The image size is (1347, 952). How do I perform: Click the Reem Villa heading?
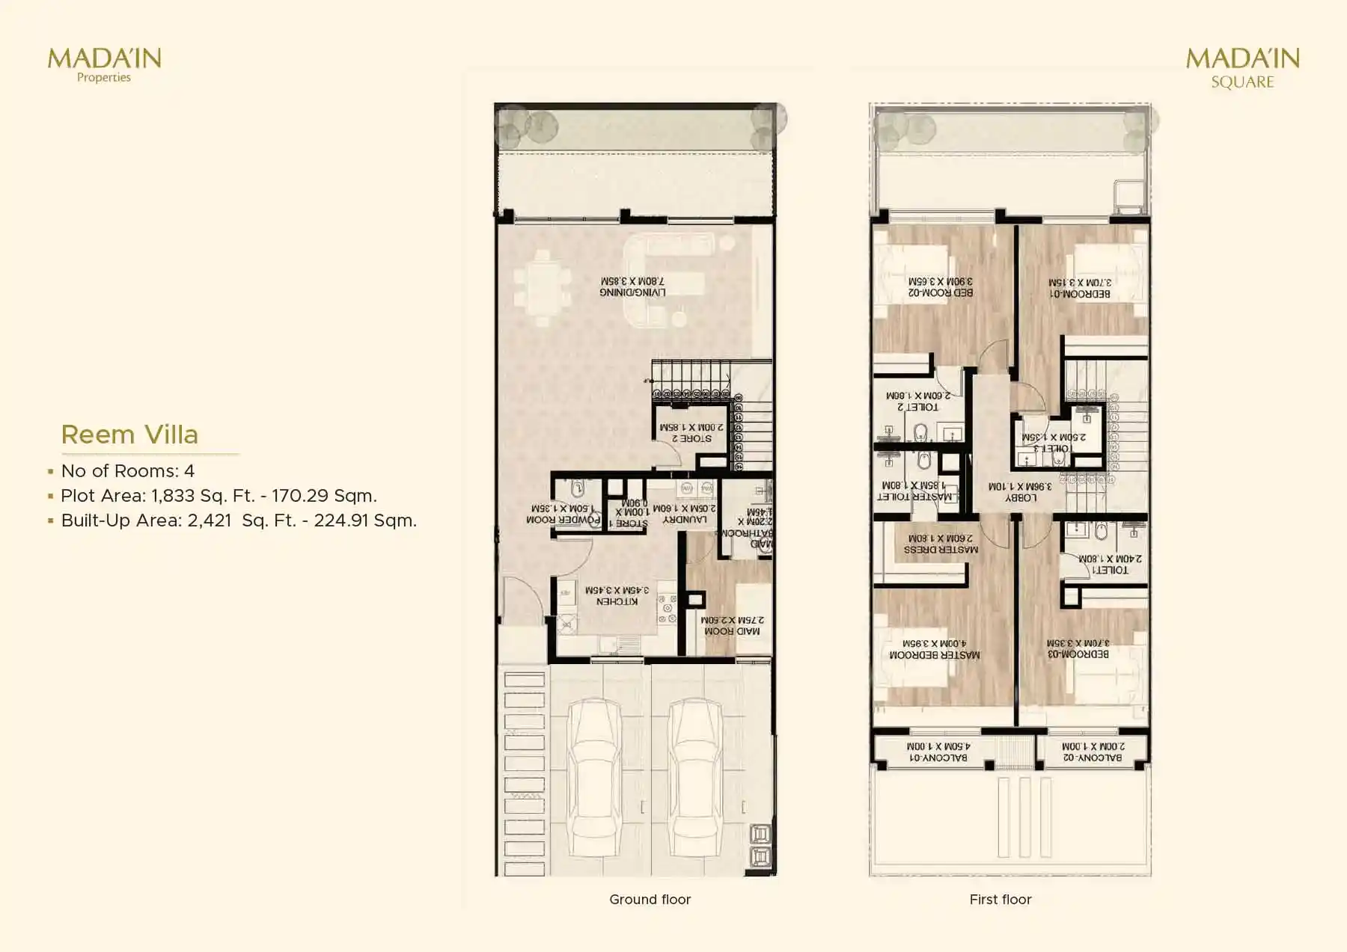(x=129, y=434)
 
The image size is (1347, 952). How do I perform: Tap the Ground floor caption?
(x=650, y=900)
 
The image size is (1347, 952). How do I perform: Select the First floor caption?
(x=1000, y=900)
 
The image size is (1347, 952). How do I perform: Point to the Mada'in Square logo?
(x=1242, y=67)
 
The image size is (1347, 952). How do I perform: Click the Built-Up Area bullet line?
(x=238, y=520)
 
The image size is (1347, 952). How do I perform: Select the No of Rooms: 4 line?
(x=127, y=471)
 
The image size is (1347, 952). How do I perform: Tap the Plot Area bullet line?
(x=219, y=496)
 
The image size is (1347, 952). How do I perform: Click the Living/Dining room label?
(x=632, y=287)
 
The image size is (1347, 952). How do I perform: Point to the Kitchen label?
(x=617, y=596)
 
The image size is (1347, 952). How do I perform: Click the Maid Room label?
(x=732, y=626)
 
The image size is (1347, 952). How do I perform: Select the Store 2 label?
(x=691, y=433)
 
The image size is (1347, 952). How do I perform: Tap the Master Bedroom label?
(x=934, y=649)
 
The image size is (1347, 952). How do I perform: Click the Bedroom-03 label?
(x=1078, y=648)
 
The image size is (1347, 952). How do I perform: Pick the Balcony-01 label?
(x=938, y=752)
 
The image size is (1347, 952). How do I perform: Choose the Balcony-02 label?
(x=1093, y=752)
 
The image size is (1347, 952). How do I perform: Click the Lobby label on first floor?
(x=1020, y=492)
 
